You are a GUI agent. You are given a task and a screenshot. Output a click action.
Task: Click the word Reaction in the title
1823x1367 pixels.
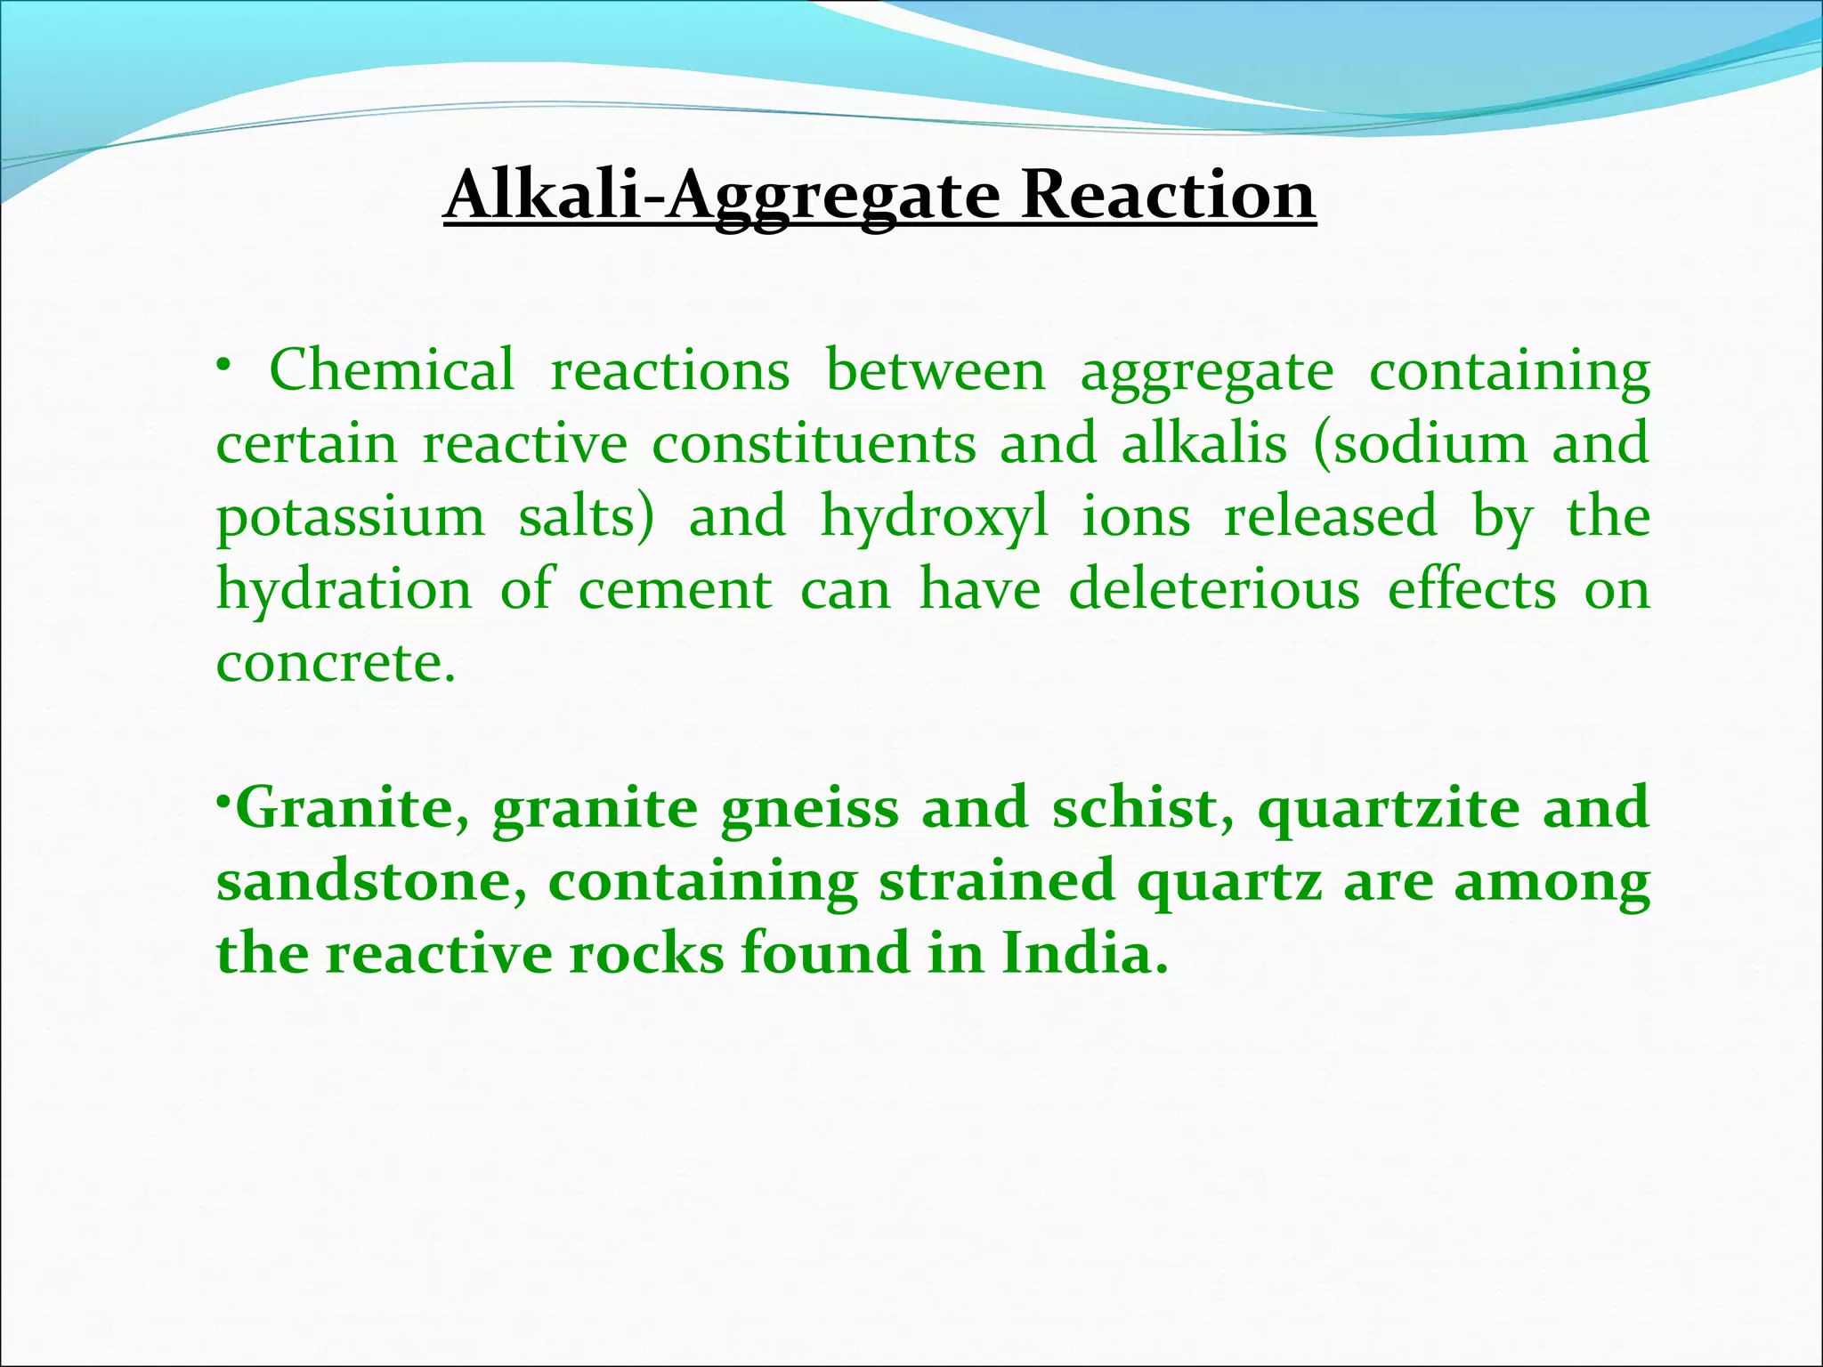(x=1167, y=195)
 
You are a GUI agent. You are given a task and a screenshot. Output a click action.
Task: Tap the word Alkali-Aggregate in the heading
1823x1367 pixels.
(x=722, y=197)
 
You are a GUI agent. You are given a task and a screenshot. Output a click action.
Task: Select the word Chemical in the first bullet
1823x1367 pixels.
(x=392, y=369)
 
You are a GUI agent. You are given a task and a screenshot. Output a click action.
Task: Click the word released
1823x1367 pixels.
(x=1330, y=515)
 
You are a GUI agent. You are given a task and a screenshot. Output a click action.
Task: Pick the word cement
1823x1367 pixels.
(x=675, y=590)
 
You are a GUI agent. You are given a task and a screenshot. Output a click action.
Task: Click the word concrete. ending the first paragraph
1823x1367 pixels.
(x=336, y=663)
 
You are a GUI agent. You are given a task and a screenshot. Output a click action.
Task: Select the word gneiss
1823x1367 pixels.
(x=810, y=809)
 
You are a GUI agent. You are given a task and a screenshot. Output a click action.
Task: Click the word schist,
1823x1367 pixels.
(x=1143, y=807)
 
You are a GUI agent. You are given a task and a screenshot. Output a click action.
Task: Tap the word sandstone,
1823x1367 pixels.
(x=371, y=881)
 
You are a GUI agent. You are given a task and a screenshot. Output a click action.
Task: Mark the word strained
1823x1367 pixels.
(x=997, y=881)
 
